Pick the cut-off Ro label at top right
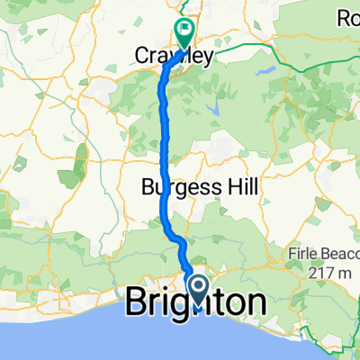348,17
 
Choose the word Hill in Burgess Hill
242,187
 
